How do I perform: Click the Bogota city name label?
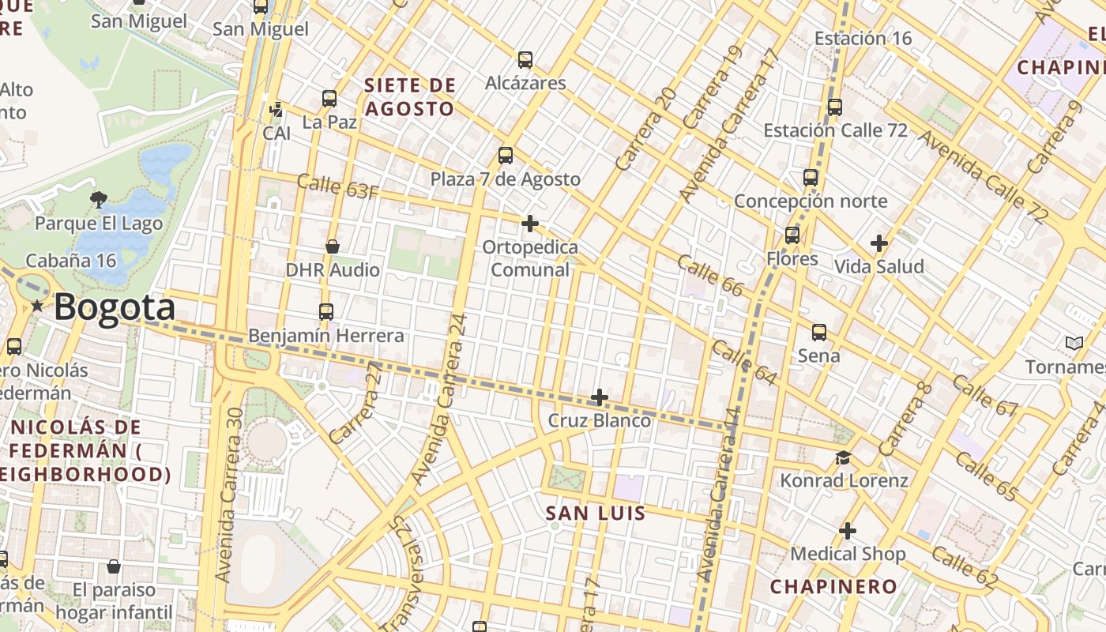coord(115,307)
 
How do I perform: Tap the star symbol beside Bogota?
coord(36,306)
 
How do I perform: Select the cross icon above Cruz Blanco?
coord(600,397)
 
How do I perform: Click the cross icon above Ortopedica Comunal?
coord(530,224)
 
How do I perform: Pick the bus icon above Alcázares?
coord(525,59)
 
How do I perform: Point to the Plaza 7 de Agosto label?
coord(506,179)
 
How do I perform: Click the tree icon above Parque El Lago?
coord(99,199)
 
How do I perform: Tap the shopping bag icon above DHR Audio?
coord(333,246)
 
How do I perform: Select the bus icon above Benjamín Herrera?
coord(326,312)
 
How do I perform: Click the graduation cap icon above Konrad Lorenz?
coord(844,457)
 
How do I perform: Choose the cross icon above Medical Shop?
coord(848,531)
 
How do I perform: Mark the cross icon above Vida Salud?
coord(878,243)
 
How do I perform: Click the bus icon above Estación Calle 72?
coord(835,107)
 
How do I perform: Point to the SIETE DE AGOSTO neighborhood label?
coord(410,96)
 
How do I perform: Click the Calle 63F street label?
coord(337,187)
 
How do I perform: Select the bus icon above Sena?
coord(819,333)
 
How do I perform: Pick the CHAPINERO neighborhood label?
coord(833,586)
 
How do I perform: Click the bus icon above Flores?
coord(792,235)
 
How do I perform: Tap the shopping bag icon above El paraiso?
coord(114,566)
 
